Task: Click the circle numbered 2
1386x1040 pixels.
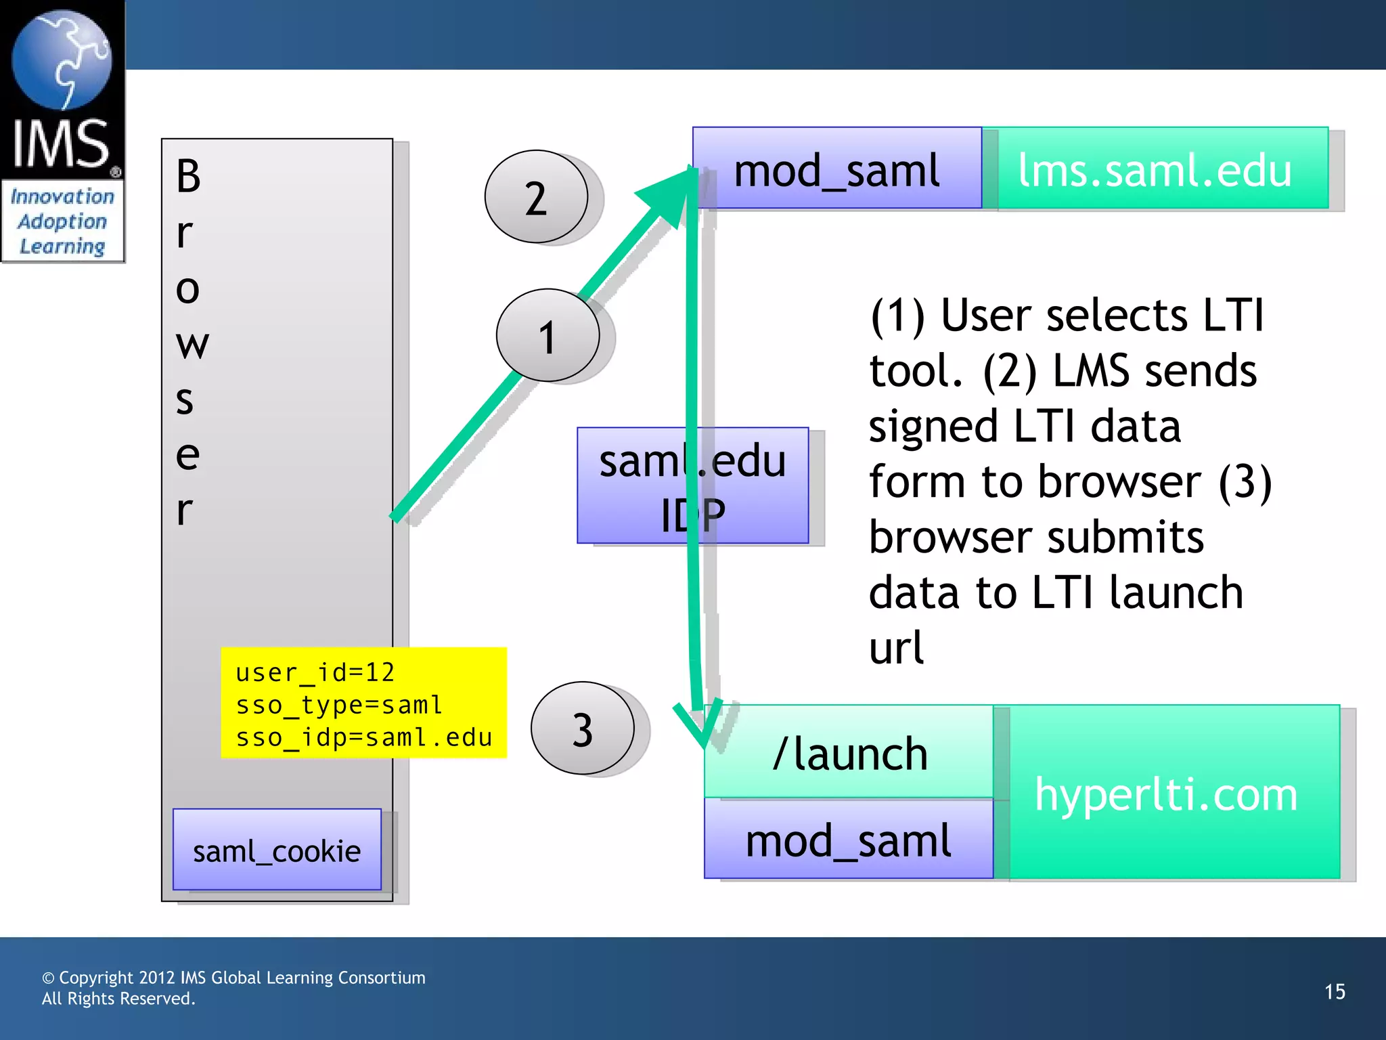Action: click(536, 197)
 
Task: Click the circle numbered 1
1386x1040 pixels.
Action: click(547, 335)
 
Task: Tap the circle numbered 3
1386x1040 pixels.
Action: click(583, 729)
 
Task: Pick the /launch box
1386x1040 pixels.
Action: click(849, 752)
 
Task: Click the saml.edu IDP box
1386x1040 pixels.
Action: click(692, 485)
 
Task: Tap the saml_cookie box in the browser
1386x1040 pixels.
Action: click(277, 850)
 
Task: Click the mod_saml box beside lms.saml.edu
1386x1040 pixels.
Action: click(836, 169)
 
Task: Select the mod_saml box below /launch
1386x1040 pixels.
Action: click(848, 840)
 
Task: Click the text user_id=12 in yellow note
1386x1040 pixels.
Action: click(315, 672)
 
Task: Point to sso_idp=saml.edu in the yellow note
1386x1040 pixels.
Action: click(363, 737)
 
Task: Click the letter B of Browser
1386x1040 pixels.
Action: click(188, 176)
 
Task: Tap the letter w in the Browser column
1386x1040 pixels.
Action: click(192, 344)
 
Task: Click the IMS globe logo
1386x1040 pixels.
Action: click(62, 61)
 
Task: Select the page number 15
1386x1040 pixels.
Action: click(1335, 991)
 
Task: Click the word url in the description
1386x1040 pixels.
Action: click(896, 647)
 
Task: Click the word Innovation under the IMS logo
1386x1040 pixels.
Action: click(62, 196)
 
